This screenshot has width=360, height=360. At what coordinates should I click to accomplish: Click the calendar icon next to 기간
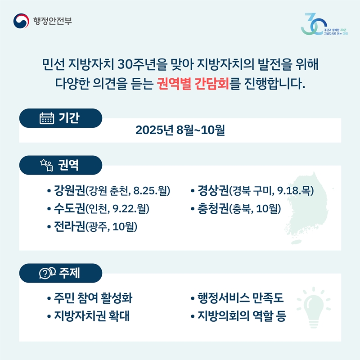(x=47, y=118)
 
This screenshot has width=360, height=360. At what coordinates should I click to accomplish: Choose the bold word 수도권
(x=69, y=208)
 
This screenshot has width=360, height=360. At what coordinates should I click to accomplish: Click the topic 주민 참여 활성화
(x=93, y=298)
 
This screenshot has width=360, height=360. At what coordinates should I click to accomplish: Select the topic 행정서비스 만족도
(x=240, y=298)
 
